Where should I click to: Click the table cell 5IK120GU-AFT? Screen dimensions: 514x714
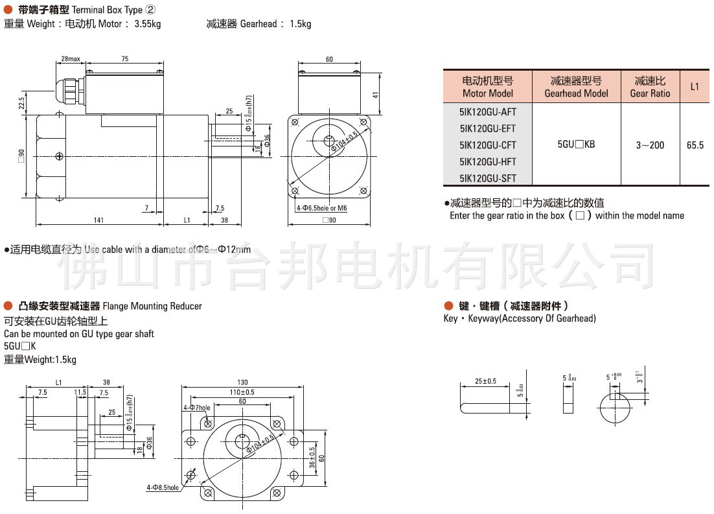click(x=487, y=111)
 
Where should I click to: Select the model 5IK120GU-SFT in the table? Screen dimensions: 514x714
click(x=487, y=178)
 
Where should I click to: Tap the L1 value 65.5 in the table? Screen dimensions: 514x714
click(x=695, y=145)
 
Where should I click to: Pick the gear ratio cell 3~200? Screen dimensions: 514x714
click(x=650, y=145)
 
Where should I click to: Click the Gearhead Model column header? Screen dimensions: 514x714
click(x=576, y=87)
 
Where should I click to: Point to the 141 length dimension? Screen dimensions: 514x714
click(x=98, y=220)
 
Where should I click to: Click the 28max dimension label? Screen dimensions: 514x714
click(x=70, y=59)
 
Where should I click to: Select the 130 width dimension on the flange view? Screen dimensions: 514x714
click(x=242, y=382)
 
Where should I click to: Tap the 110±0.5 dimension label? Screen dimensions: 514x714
click(x=242, y=392)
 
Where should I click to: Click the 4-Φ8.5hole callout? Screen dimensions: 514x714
click(x=163, y=487)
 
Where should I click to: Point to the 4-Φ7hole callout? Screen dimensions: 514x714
click(x=196, y=408)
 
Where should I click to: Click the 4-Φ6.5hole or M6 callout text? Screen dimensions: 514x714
click(x=321, y=208)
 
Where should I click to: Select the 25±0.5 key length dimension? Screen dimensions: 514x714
click(x=485, y=381)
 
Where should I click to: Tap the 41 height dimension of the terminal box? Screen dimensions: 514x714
click(x=375, y=95)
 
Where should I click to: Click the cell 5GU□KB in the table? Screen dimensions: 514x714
click(x=576, y=145)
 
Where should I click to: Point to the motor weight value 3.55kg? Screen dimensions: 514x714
click(x=148, y=24)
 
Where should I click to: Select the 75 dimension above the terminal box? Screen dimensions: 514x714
click(x=125, y=59)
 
